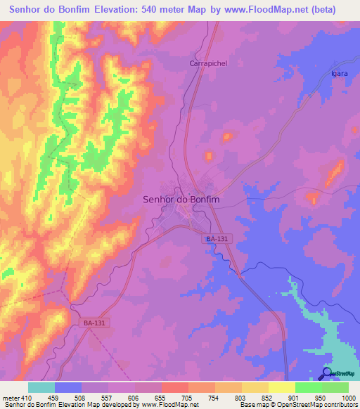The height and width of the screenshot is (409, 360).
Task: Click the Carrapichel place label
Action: click(x=206, y=63)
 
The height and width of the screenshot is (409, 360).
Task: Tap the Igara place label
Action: click(x=340, y=73)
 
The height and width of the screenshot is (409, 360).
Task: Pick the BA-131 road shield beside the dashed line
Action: click(x=94, y=323)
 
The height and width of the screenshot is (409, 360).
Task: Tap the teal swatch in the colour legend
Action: click(x=41, y=387)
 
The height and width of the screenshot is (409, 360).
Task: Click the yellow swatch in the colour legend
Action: click(x=281, y=387)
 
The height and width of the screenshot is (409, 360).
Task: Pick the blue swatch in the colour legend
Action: click(x=68, y=387)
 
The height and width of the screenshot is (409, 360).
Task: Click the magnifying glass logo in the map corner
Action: click(x=326, y=372)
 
